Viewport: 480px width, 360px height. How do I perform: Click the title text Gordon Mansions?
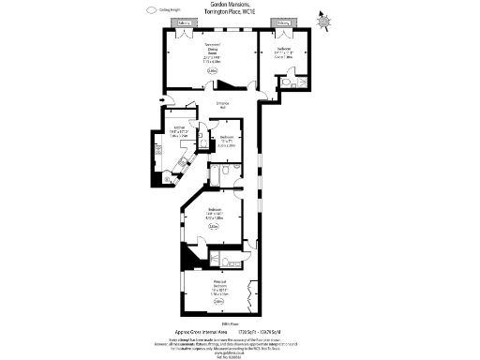coord(240,6)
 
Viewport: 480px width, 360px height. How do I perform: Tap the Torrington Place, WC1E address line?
coord(240,13)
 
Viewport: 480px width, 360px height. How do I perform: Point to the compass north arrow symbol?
coord(324,16)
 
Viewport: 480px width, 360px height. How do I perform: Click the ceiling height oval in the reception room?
coord(212,70)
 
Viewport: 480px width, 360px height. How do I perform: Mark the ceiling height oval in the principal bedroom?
coord(217,301)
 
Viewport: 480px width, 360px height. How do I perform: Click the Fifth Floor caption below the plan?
coord(240,322)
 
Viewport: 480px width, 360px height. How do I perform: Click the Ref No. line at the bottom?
coord(240,357)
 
